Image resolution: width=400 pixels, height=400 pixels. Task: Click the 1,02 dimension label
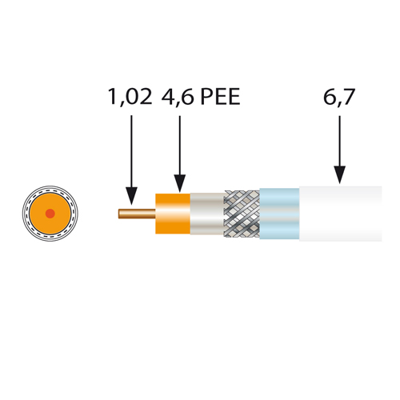pos(130,97)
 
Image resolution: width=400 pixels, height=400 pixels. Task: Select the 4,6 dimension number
pos(178,97)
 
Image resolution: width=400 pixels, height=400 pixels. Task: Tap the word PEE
pos(220,97)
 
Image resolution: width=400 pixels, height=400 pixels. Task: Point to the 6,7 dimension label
pos(339,97)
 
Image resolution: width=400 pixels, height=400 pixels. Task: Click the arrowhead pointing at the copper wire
pos(131,196)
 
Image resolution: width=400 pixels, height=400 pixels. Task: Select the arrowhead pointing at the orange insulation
pos(180,183)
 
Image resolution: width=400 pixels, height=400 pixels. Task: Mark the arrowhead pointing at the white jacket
pos(340,175)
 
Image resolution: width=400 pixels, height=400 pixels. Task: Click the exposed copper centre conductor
pos(137,214)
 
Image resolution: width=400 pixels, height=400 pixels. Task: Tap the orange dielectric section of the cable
pos(173,214)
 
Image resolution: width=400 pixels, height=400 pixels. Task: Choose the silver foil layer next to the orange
pos(207,214)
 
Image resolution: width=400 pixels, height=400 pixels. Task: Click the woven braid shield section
pos(242,214)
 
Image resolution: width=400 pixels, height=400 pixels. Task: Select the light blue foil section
pos(279,214)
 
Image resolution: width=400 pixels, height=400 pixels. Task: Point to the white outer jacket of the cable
pos(341,214)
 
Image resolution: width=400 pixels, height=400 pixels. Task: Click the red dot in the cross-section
pos(50,214)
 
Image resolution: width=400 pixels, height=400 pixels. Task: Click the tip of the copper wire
pos(119,214)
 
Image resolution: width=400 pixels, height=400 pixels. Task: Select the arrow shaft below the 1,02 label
pos(131,151)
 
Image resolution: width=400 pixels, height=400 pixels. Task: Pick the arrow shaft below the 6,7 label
pos(340,141)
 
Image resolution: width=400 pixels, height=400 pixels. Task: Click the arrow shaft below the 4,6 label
pos(180,145)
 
